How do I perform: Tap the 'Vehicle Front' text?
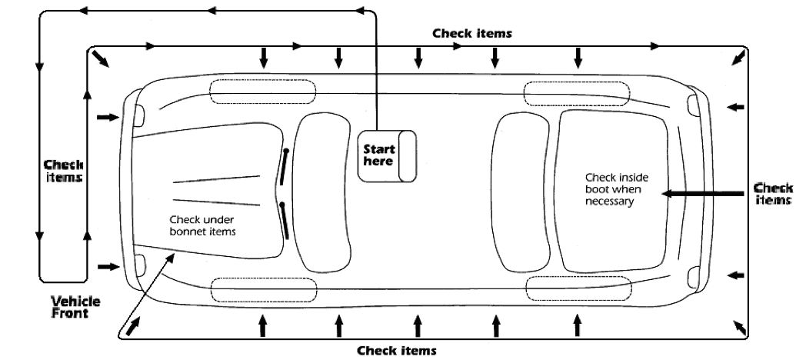pos(75,306)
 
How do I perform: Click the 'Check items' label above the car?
pos(471,34)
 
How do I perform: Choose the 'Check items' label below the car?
pos(397,350)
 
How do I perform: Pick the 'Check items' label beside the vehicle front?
pos(63,171)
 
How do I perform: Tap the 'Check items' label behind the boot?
pos(773,193)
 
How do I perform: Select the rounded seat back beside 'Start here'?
pos(408,156)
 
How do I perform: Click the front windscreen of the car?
pos(323,192)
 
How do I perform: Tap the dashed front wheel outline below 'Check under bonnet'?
pos(262,290)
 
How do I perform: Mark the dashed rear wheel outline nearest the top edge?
pos(577,93)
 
